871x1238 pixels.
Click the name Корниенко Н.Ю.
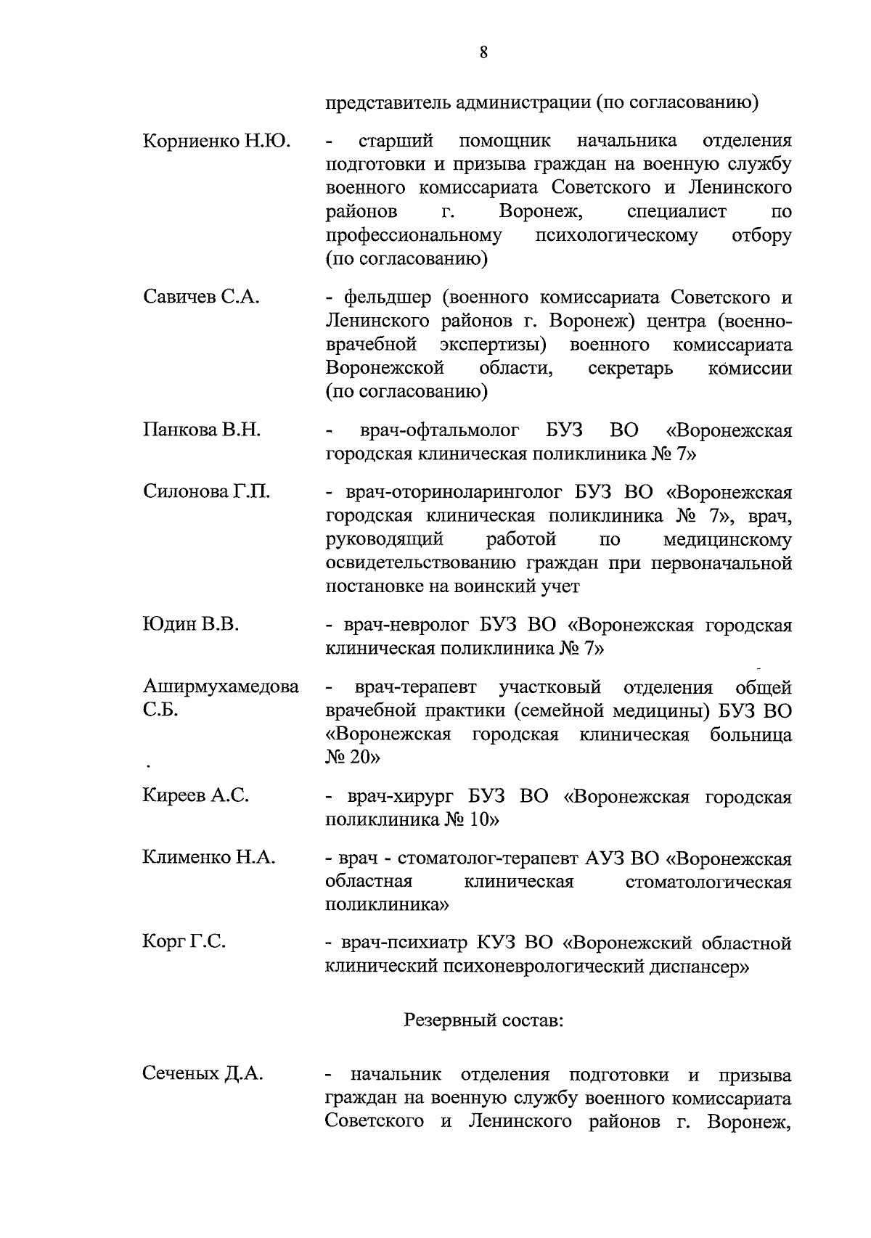(x=216, y=141)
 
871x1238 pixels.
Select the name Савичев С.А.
(x=201, y=297)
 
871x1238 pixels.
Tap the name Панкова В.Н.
(x=202, y=430)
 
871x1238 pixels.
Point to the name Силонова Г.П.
(x=207, y=491)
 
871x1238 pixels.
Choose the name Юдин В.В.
(x=191, y=624)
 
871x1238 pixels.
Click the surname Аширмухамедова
(x=221, y=686)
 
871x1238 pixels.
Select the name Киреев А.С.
(x=196, y=795)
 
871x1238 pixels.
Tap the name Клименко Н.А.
(x=209, y=857)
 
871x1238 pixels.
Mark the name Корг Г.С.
(x=184, y=942)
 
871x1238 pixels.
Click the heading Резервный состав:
(x=483, y=1020)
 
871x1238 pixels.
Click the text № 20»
(x=353, y=757)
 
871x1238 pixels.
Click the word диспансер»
(x=695, y=967)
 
